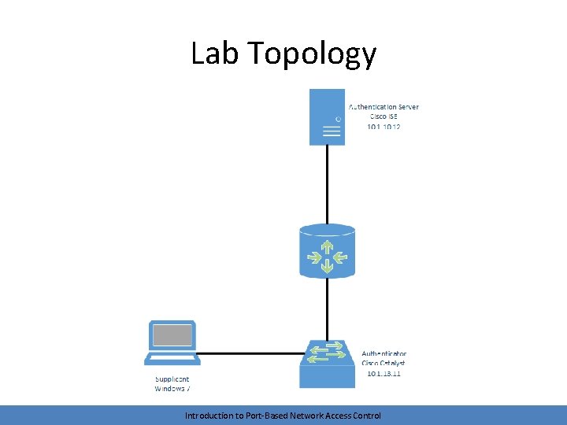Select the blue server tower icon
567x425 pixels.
click(x=328, y=116)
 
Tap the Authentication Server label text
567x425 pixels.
click(x=384, y=107)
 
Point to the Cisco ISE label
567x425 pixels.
click(x=384, y=116)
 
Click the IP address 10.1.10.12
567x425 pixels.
click(x=384, y=126)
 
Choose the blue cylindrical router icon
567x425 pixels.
click(x=328, y=251)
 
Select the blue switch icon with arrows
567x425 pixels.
click(x=328, y=364)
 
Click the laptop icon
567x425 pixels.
click(x=172, y=343)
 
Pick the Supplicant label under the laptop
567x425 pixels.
click(x=172, y=379)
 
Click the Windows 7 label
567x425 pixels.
click(x=172, y=389)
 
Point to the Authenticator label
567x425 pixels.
click(x=384, y=354)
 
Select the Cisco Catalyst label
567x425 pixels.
click(x=384, y=364)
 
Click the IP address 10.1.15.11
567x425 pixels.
click(x=384, y=374)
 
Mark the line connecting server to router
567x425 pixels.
click(x=328, y=185)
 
